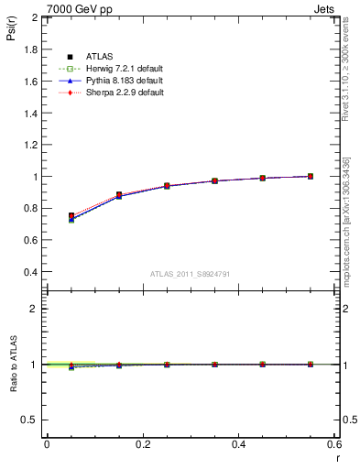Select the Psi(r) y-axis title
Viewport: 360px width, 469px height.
pos(11,30)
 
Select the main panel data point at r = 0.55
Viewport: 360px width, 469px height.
pos(311,176)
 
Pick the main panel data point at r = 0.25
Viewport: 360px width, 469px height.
pos(167,186)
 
